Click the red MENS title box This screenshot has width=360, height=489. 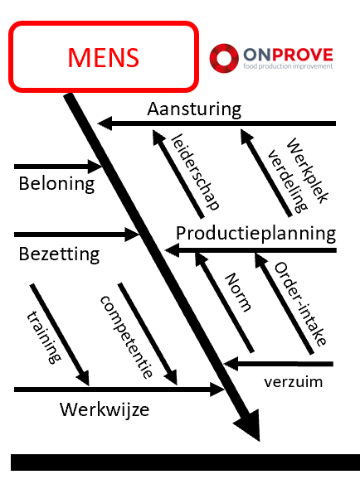pos(104,56)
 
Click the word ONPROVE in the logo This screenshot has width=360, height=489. pos(288,55)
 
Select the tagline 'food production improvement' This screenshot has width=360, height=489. pos(288,66)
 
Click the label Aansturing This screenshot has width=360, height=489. pos(194,109)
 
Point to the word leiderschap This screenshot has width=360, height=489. pos(196,172)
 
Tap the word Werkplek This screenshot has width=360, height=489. pos(308,171)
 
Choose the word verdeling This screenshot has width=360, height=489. pos(288,182)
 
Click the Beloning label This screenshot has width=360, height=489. pos(56,184)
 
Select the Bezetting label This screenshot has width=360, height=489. pos(59,254)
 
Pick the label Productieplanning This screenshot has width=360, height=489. pos(256,233)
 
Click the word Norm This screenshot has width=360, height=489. pos(238,293)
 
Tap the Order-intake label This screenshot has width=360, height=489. pos(300,304)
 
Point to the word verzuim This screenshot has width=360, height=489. pos(293,382)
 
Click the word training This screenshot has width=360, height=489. pos(44,337)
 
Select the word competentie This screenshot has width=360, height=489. pos(126,337)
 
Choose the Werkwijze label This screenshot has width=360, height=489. pos(105,409)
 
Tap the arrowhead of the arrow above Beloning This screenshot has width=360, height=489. pos(95,167)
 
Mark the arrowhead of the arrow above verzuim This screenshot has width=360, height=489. pos(231,364)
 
